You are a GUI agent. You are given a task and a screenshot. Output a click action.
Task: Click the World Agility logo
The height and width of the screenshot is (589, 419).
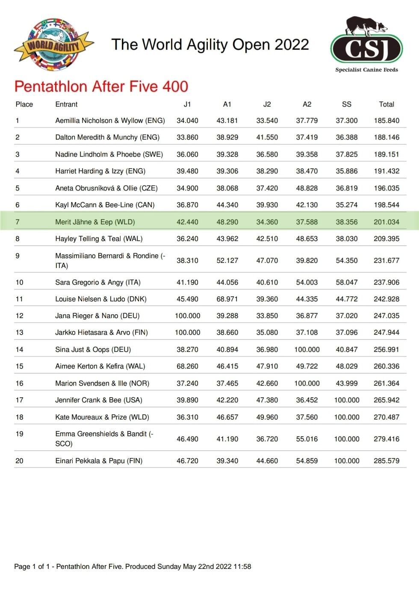(x=53, y=45)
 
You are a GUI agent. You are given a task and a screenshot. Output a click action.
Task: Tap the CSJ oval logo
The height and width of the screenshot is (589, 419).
(x=366, y=48)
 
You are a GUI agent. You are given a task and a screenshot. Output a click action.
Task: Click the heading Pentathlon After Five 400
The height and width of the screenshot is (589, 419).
(x=101, y=86)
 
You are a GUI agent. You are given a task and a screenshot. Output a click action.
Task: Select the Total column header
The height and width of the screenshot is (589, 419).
(x=387, y=104)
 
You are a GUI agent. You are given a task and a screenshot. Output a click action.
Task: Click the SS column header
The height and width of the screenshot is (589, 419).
(x=347, y=104)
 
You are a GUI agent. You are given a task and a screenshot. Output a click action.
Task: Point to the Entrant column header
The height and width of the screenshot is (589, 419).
(x=66, y=104)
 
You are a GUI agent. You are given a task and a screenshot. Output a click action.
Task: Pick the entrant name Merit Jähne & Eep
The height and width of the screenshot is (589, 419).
(x=95, y=222)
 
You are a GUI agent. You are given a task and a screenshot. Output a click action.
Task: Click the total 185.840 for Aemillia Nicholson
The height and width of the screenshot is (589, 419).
(x=387, y=121)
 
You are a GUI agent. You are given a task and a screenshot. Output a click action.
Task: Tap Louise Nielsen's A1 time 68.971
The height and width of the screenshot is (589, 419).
(x=227, y=299)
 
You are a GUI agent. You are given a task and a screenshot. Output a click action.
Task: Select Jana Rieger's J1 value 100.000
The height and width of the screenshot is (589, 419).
(x=187, y=316)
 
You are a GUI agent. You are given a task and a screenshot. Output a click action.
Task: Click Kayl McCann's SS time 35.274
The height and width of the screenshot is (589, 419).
(x=347, y=205)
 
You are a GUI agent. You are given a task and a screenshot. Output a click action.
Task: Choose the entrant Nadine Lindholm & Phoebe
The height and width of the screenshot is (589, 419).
(x=109, y=155)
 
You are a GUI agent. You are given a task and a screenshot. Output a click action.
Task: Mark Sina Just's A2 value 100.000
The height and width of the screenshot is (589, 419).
(x=307, y=350)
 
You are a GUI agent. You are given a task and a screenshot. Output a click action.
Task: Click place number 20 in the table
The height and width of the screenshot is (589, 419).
(x=19, y=461)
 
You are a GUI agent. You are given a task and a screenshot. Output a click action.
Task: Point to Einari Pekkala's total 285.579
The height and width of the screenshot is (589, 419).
(x=387, y=461)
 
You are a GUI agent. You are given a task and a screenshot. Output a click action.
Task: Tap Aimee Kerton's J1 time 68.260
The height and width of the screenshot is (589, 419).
(x=187, y=366)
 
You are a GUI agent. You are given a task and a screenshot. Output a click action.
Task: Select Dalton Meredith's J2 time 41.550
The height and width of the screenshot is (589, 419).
(x=267, y=137)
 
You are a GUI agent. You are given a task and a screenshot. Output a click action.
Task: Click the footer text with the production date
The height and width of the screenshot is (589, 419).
(x=133, y=567)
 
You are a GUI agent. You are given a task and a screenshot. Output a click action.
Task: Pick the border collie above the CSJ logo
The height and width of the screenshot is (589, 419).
(x=365, y=27)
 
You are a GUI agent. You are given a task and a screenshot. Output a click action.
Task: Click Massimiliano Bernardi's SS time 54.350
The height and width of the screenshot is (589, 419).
(x=347, y=261)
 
